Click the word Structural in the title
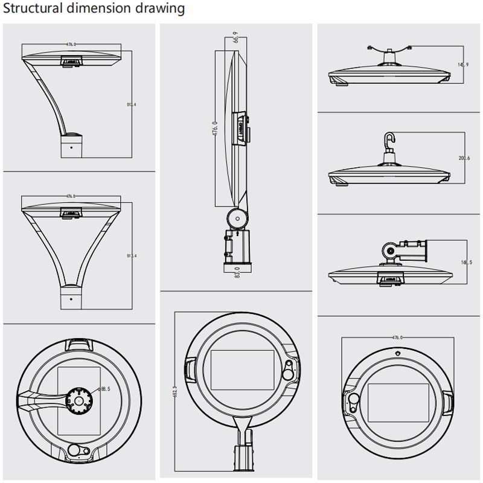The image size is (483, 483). pyautogui.click(x=33, y=9)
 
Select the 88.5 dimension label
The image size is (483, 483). pyautogui.click(x=106, y=389)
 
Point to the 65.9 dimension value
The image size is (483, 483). pyautogui.click(x=235, y=37)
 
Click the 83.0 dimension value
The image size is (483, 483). pyautogui.click(x=237, y=273)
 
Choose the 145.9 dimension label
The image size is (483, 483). pyautogui.click(x=463, y=65)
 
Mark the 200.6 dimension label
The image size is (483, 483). pyautogui.click(x=464, y=159)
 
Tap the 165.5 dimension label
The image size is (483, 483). pyautogui.click(x=465, y=263)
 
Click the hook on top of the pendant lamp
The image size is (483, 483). pyautogui.click(x=391, y=140)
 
